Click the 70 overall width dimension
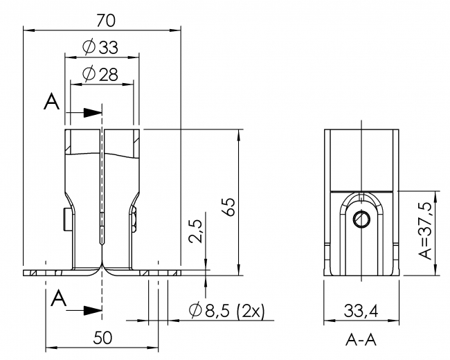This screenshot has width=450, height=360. (101, 20)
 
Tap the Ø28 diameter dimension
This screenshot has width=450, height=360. (100, 74)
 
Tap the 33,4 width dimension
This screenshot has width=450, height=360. (362, 312)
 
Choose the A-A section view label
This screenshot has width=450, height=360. (362, 341)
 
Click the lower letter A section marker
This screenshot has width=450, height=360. (60, 299)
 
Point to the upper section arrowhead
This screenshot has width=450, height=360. (92, 113)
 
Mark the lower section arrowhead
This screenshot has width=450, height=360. (92, 309)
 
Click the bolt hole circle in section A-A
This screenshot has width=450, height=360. (362, 219)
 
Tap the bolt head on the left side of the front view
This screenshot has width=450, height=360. (64, 220)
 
